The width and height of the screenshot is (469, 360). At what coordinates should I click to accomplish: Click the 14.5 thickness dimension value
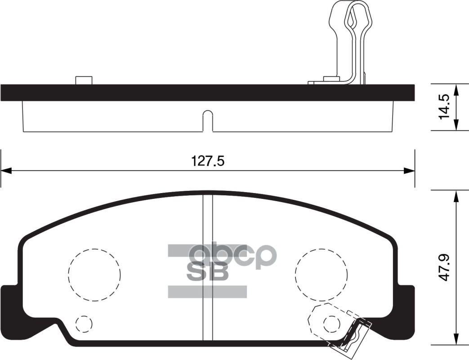[x=444, y=107]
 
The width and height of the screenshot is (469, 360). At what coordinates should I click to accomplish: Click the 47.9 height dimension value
[x=444, y=268]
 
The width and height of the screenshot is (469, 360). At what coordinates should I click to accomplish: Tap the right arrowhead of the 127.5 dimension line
[x=409, y=171]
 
